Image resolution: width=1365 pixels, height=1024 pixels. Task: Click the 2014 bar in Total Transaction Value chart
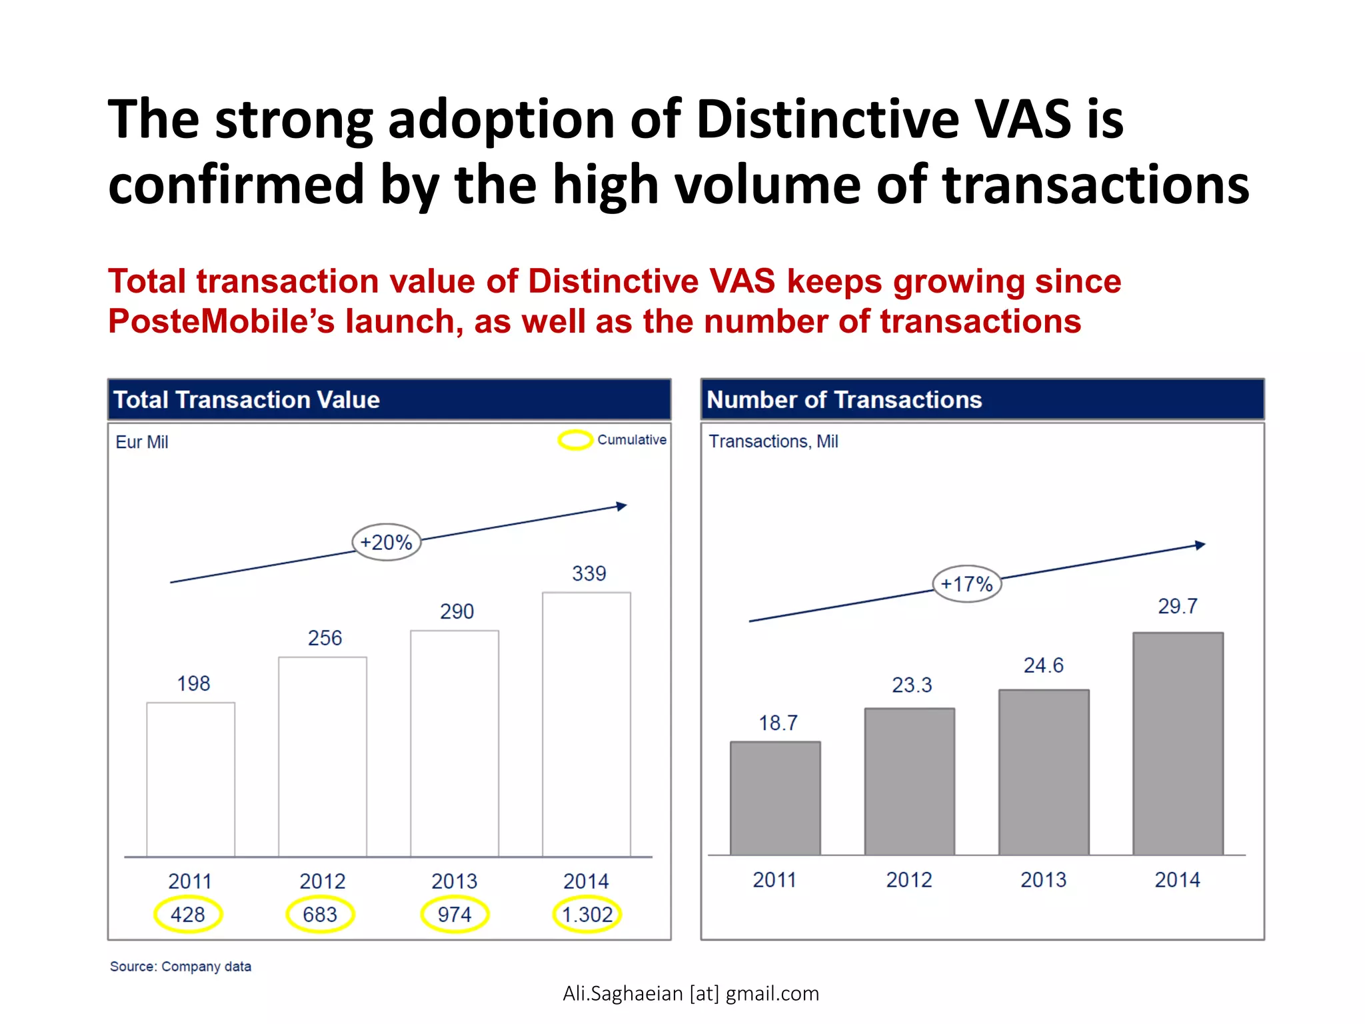click(x=587, y=724)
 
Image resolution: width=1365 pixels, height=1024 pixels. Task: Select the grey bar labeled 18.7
click(x=775, y=798)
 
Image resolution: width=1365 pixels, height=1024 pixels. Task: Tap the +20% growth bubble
click(x=387, y=542)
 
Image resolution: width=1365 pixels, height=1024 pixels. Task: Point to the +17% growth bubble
click(x=966, y=584)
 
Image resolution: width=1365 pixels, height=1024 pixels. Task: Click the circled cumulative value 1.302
click(x=587, y=915)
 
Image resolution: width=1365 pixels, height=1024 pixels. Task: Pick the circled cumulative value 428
click(x=188, y=915)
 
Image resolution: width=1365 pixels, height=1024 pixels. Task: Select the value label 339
click(x=589, y=573)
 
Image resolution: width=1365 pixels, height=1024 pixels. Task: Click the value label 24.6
click(x=1043, y=665)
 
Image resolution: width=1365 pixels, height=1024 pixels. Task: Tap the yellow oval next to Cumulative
click(x=575, y=440)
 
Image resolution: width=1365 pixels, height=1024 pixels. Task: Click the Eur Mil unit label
click(x=142, y=442)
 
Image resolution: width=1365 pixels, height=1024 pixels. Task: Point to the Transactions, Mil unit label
click(x=773, y=441)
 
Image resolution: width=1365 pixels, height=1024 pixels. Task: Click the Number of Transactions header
click(x=844, y=400)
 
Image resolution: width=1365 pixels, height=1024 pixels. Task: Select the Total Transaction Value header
click(x=247, y=400)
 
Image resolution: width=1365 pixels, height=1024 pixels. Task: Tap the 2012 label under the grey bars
click(x=909, y=880)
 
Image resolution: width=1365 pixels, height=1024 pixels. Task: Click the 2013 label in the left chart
click(x=455, y=881)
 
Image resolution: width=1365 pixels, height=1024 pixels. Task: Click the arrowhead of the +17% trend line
click(x=1200, y=545)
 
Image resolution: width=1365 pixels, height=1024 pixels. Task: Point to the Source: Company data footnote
click(x=181, y=967)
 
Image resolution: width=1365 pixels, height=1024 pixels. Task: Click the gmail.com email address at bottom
click(x=690, y=993)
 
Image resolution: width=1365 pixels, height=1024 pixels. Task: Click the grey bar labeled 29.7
click(x=1178, y=743)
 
